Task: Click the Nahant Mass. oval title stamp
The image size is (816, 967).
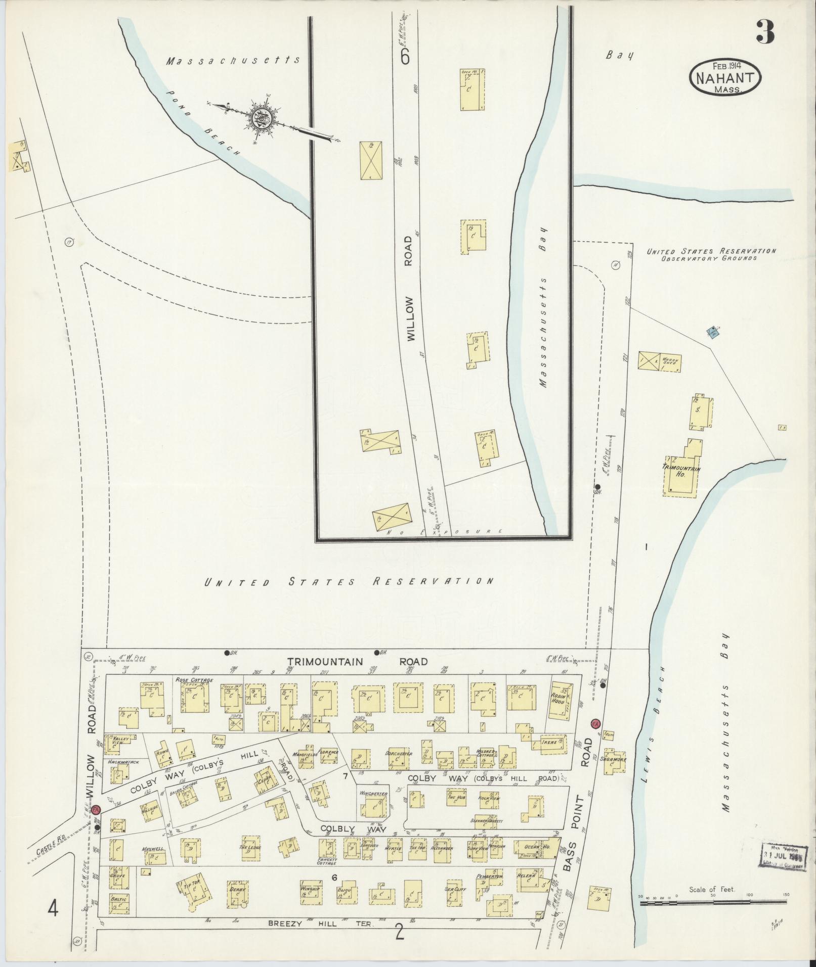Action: (725, 76)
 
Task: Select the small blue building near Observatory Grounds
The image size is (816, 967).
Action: (713, 333)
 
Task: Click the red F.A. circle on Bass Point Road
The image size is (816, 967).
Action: (595, 723)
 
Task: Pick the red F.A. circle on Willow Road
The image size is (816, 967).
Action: (97, 809)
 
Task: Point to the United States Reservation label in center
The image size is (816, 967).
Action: (349, 581)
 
